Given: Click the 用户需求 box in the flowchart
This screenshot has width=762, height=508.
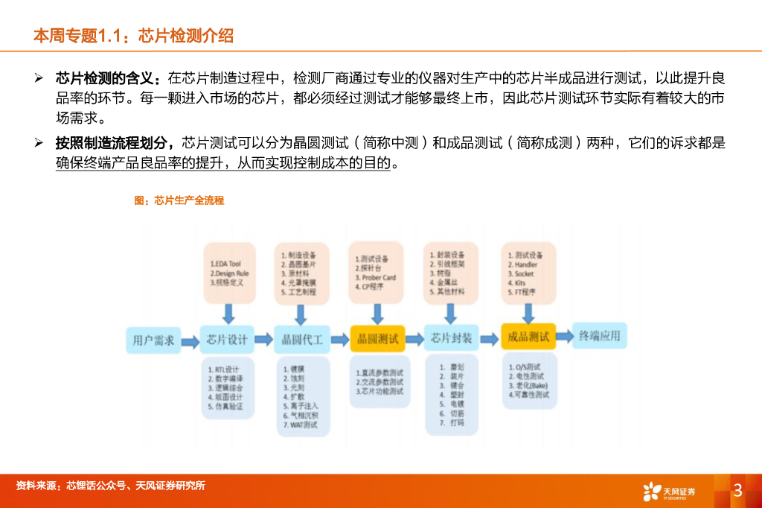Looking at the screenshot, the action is [153, 340].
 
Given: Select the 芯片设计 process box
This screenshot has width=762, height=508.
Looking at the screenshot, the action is [227, 340].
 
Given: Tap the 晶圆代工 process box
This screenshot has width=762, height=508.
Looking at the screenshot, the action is [301, 340].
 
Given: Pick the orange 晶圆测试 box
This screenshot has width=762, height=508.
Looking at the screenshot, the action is [377, 339].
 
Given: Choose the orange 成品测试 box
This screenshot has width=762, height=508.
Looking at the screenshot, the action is [528, 337].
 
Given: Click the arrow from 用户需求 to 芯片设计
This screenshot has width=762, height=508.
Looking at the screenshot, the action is [190, 340].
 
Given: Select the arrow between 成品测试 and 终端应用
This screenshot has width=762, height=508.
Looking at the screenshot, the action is [563, 336].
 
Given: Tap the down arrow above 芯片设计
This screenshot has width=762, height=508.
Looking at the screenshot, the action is [228, 312].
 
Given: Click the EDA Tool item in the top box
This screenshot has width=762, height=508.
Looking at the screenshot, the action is [226, 264].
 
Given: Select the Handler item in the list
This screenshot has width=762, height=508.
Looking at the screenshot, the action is [527, 264].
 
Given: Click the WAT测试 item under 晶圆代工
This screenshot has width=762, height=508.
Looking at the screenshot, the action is [300, 425].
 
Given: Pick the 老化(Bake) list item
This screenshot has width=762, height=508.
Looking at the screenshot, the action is [529, 386].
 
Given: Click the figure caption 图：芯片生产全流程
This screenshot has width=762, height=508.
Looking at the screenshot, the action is [179, 200].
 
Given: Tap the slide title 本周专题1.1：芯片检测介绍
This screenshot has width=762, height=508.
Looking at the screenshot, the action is [134, 35].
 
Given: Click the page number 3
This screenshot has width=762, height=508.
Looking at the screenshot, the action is [737, 490].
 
